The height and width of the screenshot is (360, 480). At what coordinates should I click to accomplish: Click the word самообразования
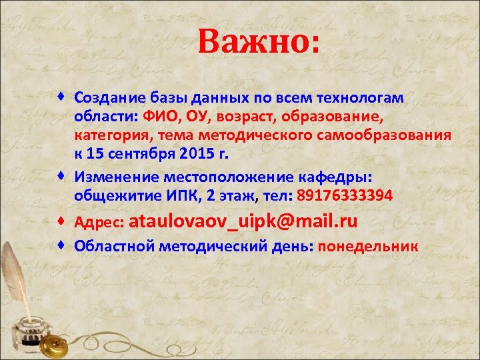click(388, 137)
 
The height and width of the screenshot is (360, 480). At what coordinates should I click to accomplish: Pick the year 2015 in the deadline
click(194, 156)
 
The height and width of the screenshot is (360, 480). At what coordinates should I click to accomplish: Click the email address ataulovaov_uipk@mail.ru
click(246, 221)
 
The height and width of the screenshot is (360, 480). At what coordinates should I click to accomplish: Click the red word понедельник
click(369, 246)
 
